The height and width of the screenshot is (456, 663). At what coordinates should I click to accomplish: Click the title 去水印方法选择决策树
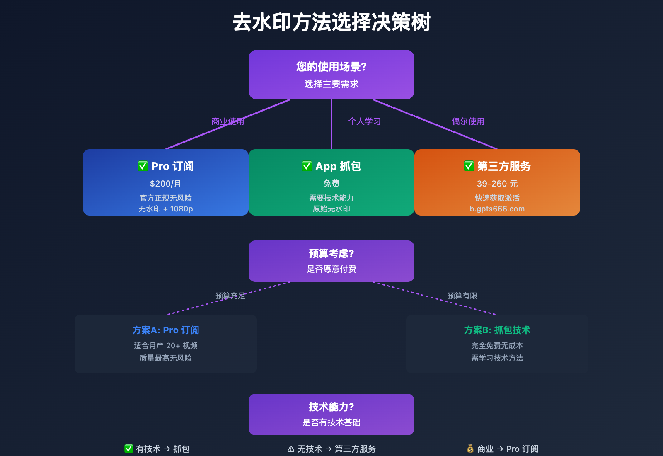click(x=331, y=22)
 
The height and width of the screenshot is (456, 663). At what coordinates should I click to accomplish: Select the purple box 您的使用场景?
click(x=331, y=75)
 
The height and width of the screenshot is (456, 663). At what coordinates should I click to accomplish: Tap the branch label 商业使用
click(x=227, y=121)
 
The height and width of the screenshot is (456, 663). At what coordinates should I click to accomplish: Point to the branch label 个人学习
click(x=364, y=121)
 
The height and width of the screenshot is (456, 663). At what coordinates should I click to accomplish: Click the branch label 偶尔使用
click(x=468, y=121)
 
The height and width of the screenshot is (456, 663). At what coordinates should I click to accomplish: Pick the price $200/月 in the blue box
click(x=166, y=184)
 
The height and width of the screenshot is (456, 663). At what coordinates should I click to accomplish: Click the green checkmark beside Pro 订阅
click(x=143, y=166)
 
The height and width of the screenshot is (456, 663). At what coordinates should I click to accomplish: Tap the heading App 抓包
click(x=338, y=166)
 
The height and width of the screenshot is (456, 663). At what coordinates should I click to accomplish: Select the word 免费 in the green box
click(x=331, y=184)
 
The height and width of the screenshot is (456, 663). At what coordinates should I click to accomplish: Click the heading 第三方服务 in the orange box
click(x=503, y=166)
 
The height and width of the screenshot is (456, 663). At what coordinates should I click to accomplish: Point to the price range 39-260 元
click(x=497, y=184)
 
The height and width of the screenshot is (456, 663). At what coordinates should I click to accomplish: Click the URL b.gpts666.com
click(x=497, y=209)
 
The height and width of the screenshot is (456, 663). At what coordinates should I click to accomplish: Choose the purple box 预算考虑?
click(x=331, y=261)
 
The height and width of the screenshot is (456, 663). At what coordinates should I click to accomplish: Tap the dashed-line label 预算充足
click(x=230, y=296)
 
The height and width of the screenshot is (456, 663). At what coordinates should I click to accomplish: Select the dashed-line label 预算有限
click(x=462, y=296)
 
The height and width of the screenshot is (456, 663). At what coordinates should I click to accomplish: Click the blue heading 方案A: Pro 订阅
click(x=166, y=330)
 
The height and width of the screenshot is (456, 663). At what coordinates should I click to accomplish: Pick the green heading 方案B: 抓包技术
click(x=497, y=330)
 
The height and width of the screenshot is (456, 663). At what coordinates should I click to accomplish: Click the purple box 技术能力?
click(x=331, y=415)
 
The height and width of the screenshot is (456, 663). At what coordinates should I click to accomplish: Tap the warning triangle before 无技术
click(x=291, y=449)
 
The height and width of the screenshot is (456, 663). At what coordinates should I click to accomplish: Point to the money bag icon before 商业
click(x=470, y=449)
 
